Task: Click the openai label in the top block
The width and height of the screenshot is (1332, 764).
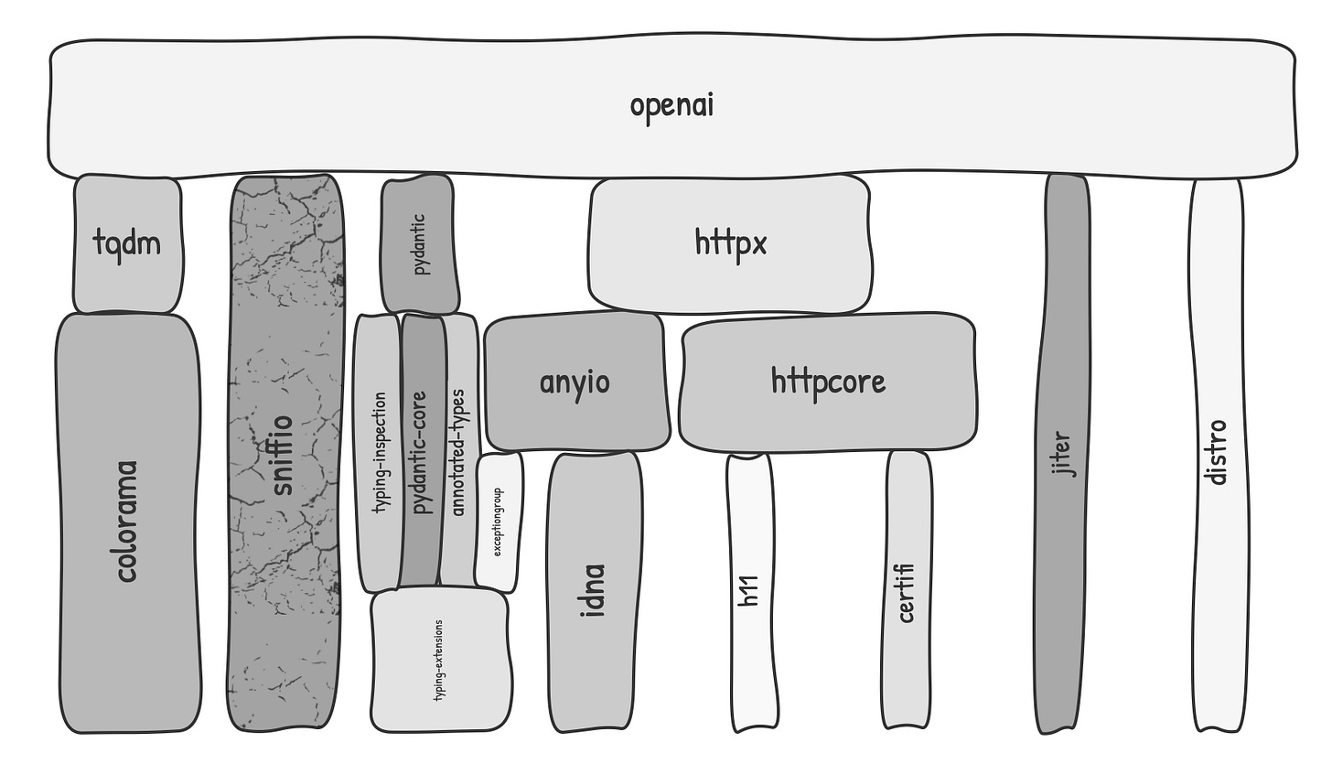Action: pyautogui.click(x=671, y=105)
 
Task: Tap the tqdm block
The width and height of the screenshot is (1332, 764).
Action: pyautogui.click(x=127, y=243)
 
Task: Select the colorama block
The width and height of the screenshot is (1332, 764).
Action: pyautogui.click(x=127, y=522)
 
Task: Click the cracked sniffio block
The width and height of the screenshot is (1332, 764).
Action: pyautogui.click(x=285, y=453)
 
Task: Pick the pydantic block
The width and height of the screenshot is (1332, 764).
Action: pyautogui.click(x=420, y=244)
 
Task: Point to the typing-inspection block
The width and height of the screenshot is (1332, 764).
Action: pyautogui.click(x=377, y=453)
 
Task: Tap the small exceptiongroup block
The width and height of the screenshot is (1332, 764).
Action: pyautogui.click(x=499, y=522)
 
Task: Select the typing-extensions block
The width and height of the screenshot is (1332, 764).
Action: pyautogui.click(x=440, y=659)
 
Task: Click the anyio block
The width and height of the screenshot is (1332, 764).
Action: pyautogui.click(x=575, y=382)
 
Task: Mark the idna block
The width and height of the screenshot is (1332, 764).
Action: pyautogui.click(x=595, y=591)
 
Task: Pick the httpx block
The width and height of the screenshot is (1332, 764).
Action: pyautogui.click(x=729, y=243)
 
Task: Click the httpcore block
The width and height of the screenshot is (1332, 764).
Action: pyautogui.click(x=828, y=382)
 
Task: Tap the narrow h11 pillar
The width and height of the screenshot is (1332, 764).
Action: pyautogui.click(x=751, y=592)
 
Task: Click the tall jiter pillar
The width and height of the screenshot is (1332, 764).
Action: pyautogui.click(x=1062, y=453)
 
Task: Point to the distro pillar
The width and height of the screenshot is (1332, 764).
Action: pyautogui.click(x=1218, y=453)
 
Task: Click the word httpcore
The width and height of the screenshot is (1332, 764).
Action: pyautogui.click(x=828, y=381)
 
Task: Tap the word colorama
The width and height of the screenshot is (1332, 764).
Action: pyautogui.click(x=127, y=522)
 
